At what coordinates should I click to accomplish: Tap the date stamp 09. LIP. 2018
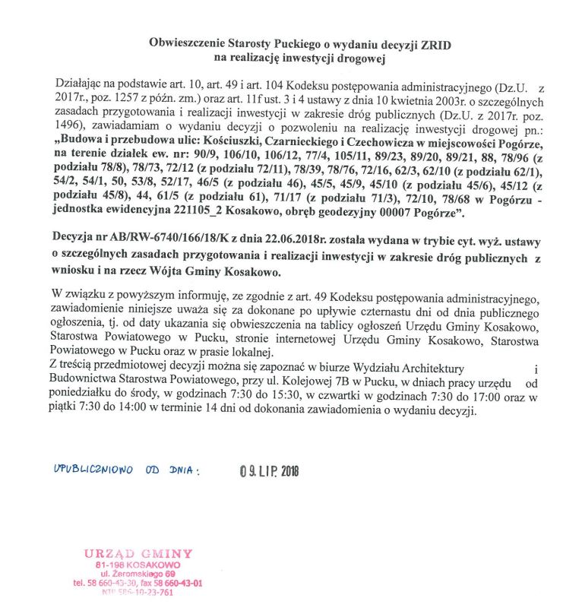269,471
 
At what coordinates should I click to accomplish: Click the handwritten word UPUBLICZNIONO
93,470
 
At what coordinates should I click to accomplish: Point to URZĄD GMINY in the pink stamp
138,553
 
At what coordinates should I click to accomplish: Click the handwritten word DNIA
183,470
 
